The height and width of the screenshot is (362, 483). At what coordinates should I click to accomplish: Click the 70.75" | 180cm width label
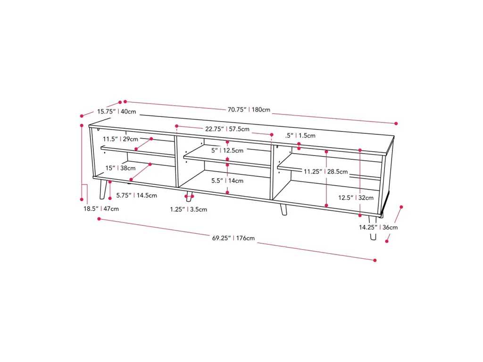point(249,109)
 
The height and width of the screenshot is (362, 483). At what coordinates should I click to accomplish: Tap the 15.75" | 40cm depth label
point(117,111)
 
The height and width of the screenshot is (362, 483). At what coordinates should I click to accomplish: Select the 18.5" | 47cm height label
point(101,209)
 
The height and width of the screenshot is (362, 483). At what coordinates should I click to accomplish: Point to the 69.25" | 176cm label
point(233,238)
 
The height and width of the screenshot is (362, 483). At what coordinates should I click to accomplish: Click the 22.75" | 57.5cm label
point(227,129)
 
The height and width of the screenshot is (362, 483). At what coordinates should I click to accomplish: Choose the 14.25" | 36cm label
point(378,228)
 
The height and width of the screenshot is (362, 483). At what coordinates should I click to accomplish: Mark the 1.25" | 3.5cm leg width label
point(188,210)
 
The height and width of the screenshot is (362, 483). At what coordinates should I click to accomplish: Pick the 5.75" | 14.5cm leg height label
point(136,196)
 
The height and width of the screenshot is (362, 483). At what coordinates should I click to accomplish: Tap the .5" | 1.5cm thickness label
point(300,135)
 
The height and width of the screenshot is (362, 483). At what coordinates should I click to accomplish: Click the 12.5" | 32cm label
point(356,197)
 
